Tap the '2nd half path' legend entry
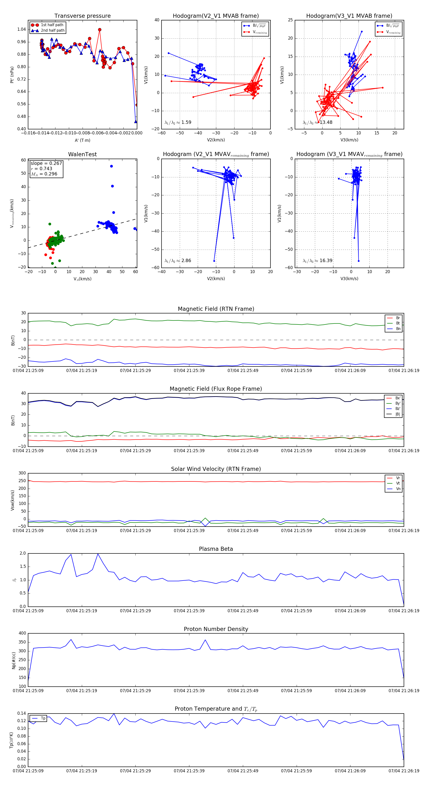53,30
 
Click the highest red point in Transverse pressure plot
100,30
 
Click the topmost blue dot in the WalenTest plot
111,166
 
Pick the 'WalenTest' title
82,154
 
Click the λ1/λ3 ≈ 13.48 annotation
317,122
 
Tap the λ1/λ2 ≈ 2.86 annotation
178,261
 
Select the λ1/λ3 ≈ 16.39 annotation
317,261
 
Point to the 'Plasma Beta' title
216,549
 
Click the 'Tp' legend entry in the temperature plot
43,719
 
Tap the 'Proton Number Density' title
216,629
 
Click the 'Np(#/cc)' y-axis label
13,660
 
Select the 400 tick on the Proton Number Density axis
22,633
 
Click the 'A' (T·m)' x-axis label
82,140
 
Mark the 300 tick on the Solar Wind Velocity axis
22,473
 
